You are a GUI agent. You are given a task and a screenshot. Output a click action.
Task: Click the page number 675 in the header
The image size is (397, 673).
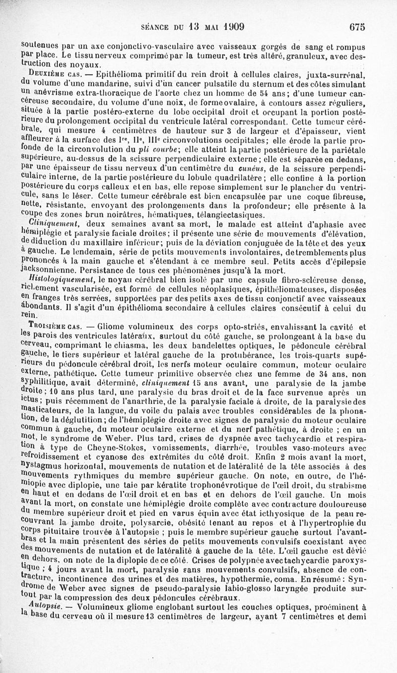[356, 27]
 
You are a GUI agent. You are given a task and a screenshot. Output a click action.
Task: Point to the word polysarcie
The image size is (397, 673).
[157, 523]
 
